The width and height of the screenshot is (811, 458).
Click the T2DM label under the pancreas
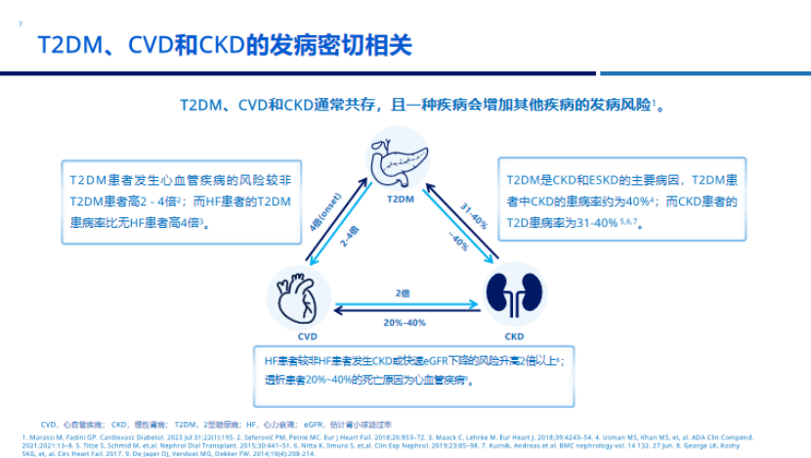point(402,199)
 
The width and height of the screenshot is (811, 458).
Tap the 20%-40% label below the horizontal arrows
point(403,323)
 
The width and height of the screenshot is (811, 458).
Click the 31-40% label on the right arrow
point(474,217)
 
